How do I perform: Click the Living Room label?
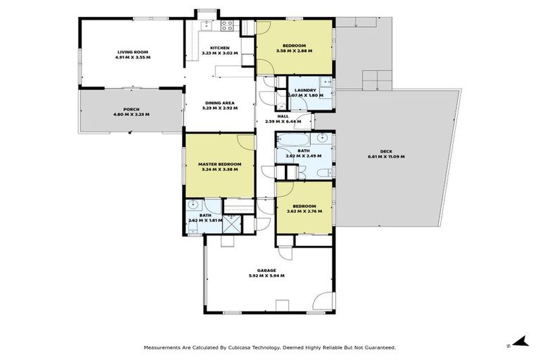131,51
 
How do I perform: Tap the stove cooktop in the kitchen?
227,26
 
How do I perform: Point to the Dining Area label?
220,102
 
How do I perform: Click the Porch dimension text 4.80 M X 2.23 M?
131,115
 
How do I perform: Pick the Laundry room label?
305,90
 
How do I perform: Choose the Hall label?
283,116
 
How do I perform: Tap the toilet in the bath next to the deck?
323,172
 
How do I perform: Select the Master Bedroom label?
220,164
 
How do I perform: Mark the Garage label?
266,270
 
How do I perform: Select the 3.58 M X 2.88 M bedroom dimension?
295,51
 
